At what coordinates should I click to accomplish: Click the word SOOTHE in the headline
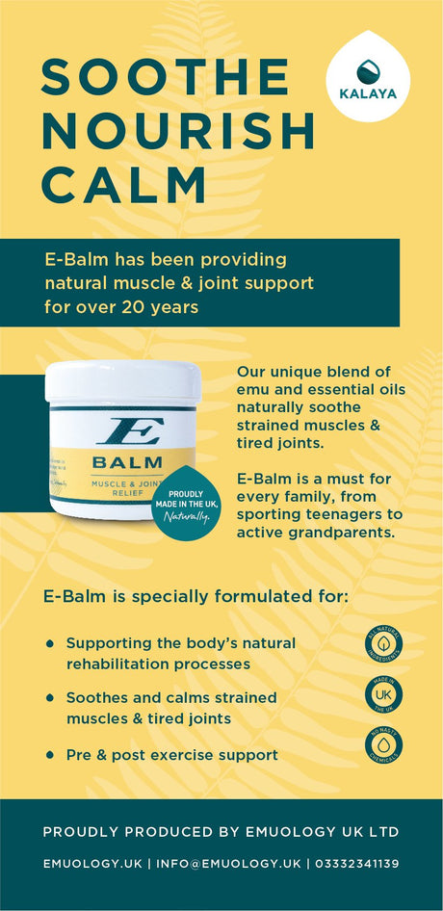click(x=165, y=77)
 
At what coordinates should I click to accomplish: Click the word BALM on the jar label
click(x=126, y=461)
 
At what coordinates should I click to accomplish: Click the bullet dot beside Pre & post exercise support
click(x=50, y=755)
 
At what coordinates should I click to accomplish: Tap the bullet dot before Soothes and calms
click(x=50, y=697)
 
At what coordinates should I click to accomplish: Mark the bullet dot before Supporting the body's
click(x=50, y=642)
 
